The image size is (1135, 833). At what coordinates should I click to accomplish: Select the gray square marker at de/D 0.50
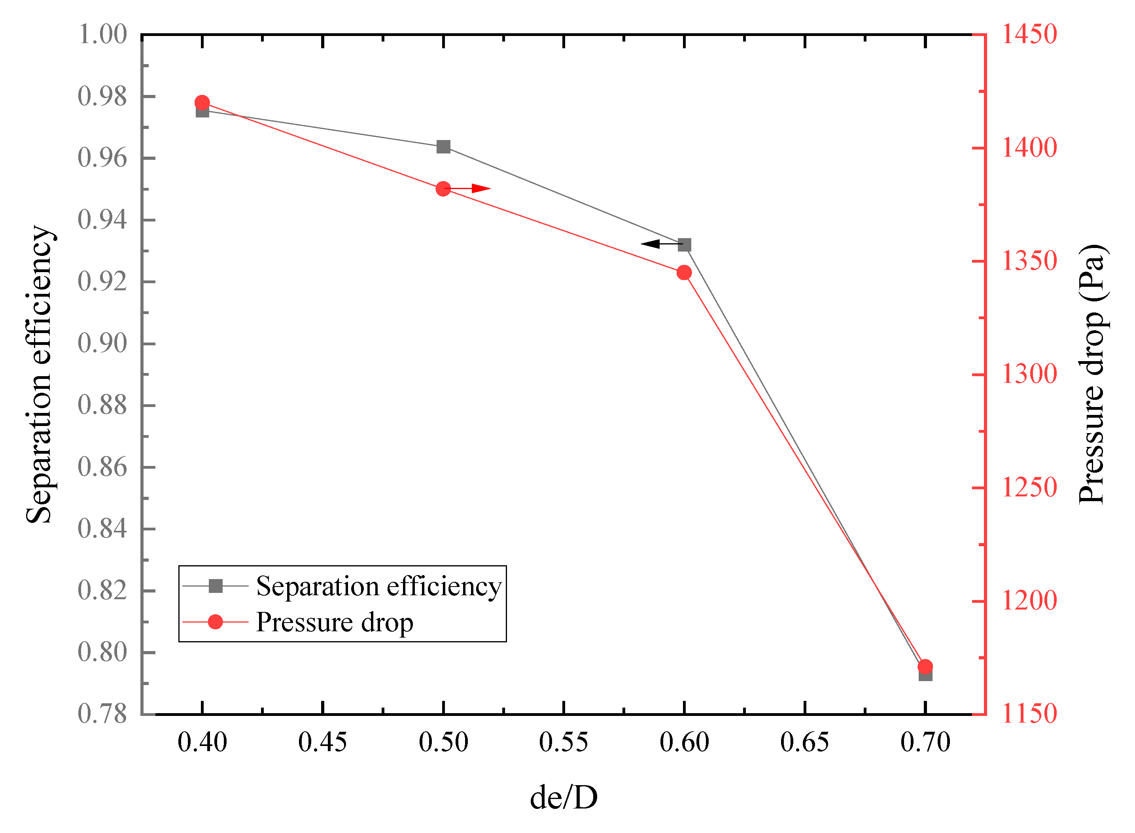coord(443,147)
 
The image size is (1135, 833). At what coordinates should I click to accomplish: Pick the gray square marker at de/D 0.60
coord(684,245)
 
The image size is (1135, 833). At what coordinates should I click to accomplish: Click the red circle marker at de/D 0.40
coord(202,103)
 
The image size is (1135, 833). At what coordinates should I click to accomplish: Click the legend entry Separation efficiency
coord(378,587)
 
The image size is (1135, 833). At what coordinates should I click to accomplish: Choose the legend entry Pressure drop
coord(334,622)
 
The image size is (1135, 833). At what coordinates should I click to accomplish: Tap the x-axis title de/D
coord(563,798)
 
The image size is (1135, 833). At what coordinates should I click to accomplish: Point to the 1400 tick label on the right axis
coord(1029,148)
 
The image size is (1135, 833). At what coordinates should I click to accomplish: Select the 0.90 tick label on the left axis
coord(102,343)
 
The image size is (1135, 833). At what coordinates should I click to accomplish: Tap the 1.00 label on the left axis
coord(102,35)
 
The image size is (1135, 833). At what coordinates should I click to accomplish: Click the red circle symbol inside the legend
coord(215,622)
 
